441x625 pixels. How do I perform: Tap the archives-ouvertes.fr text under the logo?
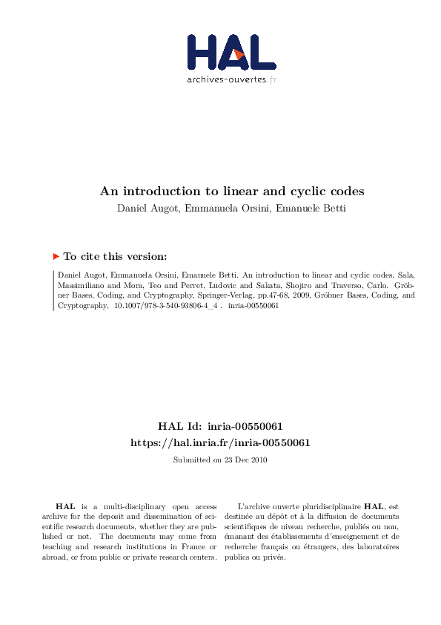pyautogui.click(x=232, y=78)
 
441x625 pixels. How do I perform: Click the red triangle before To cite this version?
pyautogui.click(x=56, y=256)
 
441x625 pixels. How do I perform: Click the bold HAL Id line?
pyautogui.click(x=220, y=426)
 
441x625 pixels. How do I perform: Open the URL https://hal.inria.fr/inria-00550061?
pyautogui.click(x=220, y=442)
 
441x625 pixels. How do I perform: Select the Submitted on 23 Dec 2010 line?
pyautogui.click(x=220, y=459)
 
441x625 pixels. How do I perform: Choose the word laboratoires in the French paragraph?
pyautogui.click(x=375, y=547)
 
